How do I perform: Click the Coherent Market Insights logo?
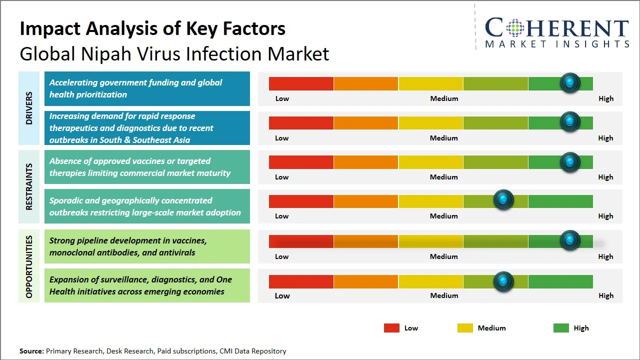556,32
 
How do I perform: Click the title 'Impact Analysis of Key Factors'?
152,28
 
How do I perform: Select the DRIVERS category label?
29,108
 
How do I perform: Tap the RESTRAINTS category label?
29,186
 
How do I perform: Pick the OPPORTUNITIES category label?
29,266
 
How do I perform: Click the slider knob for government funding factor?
569,83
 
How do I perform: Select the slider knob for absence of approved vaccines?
569,162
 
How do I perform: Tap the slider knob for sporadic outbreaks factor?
503,200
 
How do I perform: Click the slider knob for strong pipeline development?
569,240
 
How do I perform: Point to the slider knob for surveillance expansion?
503,281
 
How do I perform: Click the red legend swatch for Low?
391,328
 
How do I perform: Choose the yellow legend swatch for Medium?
465,328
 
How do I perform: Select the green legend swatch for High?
561,328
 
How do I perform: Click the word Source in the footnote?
31,351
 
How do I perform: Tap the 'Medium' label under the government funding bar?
444,98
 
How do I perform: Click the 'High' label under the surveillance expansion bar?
605,295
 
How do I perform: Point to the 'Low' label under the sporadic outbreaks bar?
282,216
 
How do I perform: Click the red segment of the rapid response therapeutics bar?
301,122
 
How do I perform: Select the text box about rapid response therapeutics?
147,128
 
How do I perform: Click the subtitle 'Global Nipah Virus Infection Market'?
174,54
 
